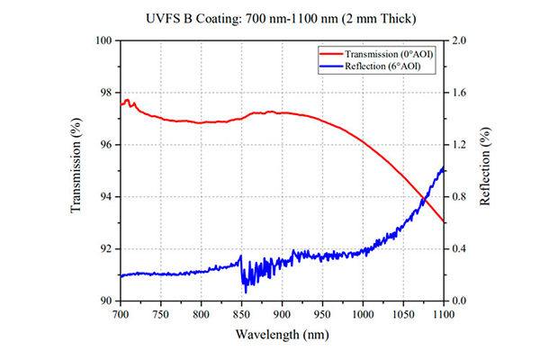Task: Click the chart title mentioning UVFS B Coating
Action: (x=281, y=19)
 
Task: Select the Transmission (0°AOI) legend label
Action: (x=389, y=54)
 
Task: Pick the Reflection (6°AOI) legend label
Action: (x=382, y=66)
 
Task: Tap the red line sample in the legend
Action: (x=331, y=54)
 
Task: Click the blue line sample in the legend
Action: (x=331, y=66)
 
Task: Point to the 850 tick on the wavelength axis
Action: (x=242, y=314)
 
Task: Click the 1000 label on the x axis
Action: (x=363, y=314)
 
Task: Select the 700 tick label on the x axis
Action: (x=121, y=314)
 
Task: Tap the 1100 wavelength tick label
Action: (x=444, y=314)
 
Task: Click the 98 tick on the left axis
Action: (x=106, y=93)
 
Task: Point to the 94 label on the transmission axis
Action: (x=106, y=197)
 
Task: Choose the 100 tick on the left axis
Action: (x=103, y=40)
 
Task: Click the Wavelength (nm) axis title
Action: (x=282, y=334)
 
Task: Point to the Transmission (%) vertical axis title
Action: (x=76, y=166)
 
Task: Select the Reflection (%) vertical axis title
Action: (x=485, y=166)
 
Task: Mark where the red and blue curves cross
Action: (x=424, y=199)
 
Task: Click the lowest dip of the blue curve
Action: (x=246, y=292)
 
